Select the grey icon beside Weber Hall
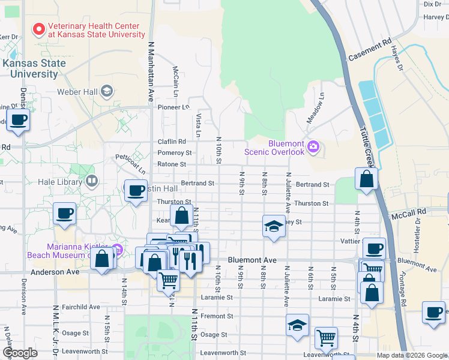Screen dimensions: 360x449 [x=107, y=91]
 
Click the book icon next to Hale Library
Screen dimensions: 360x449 [x=92, y=179]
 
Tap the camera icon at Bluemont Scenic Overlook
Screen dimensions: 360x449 [x=313, y=147]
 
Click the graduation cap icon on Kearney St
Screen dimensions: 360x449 [x=274, y=226]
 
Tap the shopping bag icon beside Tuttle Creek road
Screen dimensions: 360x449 [x=366, y=179]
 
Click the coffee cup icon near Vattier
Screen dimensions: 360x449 [x=374, y=248]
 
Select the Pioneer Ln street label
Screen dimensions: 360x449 [x=173, y=107]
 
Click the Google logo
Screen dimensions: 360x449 [x=20, y=353]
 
